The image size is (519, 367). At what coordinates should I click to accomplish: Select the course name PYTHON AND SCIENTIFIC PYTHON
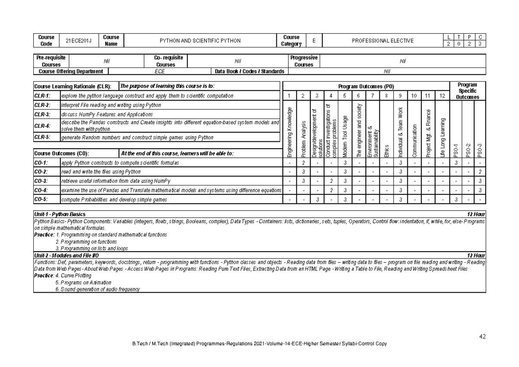(200, 41)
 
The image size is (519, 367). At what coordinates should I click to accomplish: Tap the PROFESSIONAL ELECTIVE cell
(383, 41)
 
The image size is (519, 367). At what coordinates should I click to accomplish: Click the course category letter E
(314, 41)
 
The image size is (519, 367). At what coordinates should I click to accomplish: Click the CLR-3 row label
(42, 115)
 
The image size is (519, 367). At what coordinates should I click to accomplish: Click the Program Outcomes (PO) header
(366, 86)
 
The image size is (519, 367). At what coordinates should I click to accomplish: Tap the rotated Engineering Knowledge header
(289, 132)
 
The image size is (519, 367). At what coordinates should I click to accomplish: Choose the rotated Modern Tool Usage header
(345, 136)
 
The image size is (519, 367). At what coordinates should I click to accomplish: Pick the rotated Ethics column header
(386, 151)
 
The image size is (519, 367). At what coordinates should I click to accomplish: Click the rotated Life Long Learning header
(442, 137)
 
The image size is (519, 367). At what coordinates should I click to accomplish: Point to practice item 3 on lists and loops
(92, 249)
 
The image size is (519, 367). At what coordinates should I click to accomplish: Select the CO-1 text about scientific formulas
(120, 163)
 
